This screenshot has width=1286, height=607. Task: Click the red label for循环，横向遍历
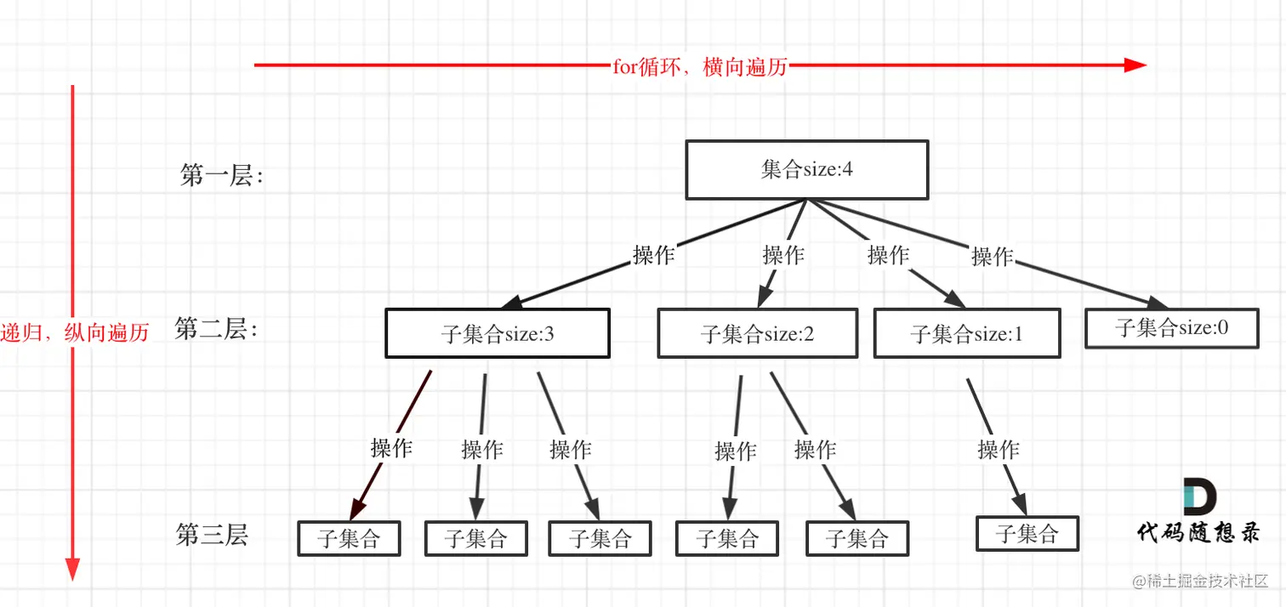(x=700, y=66)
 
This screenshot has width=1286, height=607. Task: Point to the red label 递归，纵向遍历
(x=75, y=332)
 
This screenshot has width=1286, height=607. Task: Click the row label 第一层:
(x=222, y=175)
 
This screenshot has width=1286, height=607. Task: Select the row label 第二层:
(x=216, y=329)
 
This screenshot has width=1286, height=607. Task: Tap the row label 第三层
(x=212, y=535)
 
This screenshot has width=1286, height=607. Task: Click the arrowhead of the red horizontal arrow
(x=1135, y=65)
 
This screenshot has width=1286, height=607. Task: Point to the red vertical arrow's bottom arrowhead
(x=72, y=569)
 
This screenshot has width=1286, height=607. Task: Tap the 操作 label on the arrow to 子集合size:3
(x=653, y=255)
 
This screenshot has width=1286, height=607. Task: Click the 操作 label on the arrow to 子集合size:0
(x=992, y=257)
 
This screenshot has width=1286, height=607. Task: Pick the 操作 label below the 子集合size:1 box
(x=999, y=449)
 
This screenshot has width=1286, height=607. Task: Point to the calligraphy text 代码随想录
(x=1198, y=532)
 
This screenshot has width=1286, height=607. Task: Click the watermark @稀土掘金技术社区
(x=1200, y=581)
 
